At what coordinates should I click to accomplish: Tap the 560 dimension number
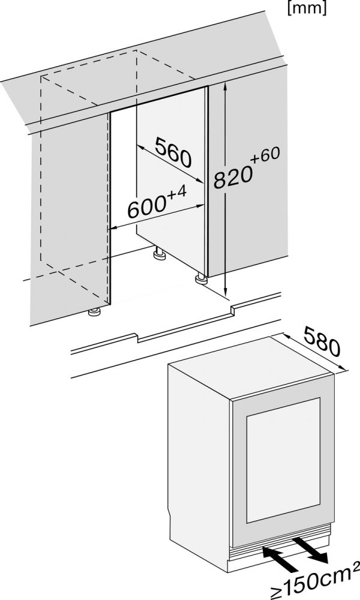click(173, 152)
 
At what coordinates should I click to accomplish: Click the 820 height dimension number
click(234, 177)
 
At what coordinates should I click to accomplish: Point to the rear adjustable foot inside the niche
click(160, 253)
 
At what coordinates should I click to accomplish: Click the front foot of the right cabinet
click(201, 279)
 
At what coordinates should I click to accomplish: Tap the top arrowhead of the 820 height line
click(226, 88)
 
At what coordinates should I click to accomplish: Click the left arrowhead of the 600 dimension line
click(113, 229)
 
